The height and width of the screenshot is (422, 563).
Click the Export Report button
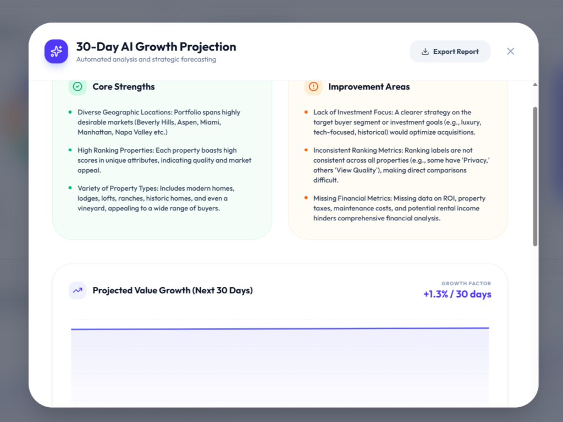[x=450, y=51]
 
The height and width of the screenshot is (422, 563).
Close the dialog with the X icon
[x=510, y=51]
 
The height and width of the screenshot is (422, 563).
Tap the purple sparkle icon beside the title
[x=56, y=51]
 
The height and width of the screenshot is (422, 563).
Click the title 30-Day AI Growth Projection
[x=156, y=47]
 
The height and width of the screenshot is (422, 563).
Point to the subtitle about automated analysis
[x=146, y=59]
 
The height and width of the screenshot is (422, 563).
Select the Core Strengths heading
[x=124, y=86]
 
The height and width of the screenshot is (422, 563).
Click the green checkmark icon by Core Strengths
[x=78, y=86]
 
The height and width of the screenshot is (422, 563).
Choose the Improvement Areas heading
[x=369, y=86]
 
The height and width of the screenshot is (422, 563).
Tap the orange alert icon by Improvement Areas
[x=313, y=86]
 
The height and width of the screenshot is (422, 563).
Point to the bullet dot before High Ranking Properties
[x=70, y=150]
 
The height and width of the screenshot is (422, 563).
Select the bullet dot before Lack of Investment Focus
[x=306, y=112]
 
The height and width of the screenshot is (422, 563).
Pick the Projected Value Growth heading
[x=173, y=290]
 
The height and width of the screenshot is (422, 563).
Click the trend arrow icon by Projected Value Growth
[x=78, y=290]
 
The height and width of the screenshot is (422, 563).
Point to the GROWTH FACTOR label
[x=466, y=284]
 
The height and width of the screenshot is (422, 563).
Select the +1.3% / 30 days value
[x=457, y=295]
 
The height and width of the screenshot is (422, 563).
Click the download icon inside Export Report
[x=425, y=52]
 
